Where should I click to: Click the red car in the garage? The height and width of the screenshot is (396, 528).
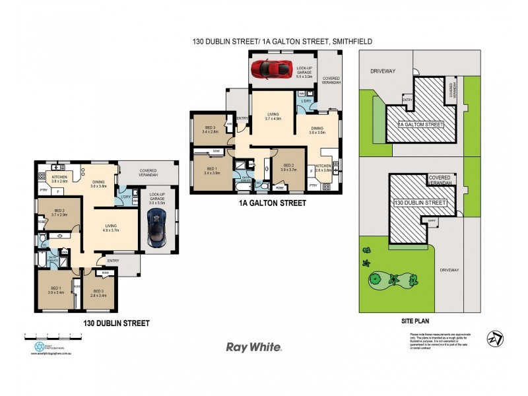click(x=271, y=67)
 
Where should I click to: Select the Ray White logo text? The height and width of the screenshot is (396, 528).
click(x=254, y=346)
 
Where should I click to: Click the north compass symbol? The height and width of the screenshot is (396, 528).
click(x=495, y=337)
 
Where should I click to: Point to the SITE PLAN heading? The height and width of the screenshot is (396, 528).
click(x=416, y=320)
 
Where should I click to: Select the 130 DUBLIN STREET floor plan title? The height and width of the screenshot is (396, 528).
click(x=116, y=323)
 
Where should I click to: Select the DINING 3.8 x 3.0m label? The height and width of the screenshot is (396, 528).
click(x=317, y=130)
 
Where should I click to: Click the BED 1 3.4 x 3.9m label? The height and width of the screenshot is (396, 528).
click(x=212, y=170)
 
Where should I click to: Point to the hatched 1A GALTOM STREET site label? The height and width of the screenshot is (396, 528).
click(x=421, y=123)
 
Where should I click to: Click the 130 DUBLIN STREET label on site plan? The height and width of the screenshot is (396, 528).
click(x=420, y=202)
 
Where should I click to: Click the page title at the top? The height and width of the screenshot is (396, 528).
click(x=282, y=41)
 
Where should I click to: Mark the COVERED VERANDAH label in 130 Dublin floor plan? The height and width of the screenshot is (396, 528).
click(x=147, y=173)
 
